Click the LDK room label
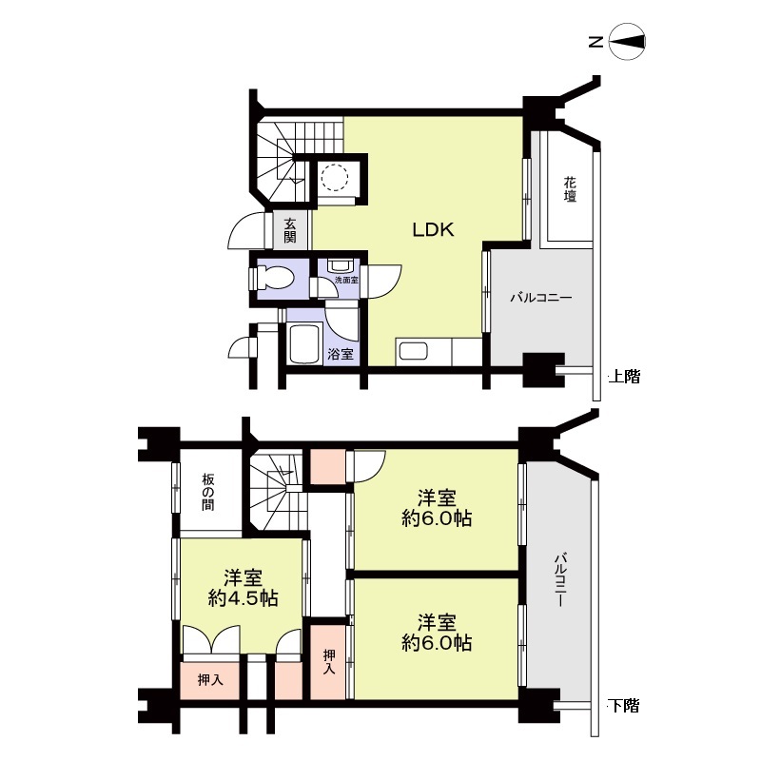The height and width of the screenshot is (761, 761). [433, 229]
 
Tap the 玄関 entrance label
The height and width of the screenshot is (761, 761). [290, 230]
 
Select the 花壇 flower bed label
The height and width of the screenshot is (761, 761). [570, 189]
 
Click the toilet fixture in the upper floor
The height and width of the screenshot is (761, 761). [275, 279]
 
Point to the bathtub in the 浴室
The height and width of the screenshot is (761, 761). [304, 344]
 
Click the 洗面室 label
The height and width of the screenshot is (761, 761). [346, 280]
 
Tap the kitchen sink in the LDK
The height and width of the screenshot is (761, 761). [412, 352]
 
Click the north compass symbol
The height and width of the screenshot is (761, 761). [627, 42]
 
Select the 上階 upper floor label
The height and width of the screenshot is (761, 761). [625, 376]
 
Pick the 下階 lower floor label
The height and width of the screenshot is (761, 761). [625, 705]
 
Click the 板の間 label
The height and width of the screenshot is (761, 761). [208, 492]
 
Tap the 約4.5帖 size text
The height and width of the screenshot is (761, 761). [244, 598]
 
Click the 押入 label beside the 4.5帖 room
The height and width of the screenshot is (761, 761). [210, 680]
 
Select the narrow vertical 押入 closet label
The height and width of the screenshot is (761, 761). [329, 661]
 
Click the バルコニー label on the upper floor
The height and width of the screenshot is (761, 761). [540, 297]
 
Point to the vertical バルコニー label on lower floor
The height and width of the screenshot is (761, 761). [561, 579]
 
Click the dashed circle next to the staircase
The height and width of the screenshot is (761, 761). [335, 177]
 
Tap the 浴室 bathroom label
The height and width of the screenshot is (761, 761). [341, 354]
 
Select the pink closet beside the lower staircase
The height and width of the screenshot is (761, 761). [327, 466]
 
